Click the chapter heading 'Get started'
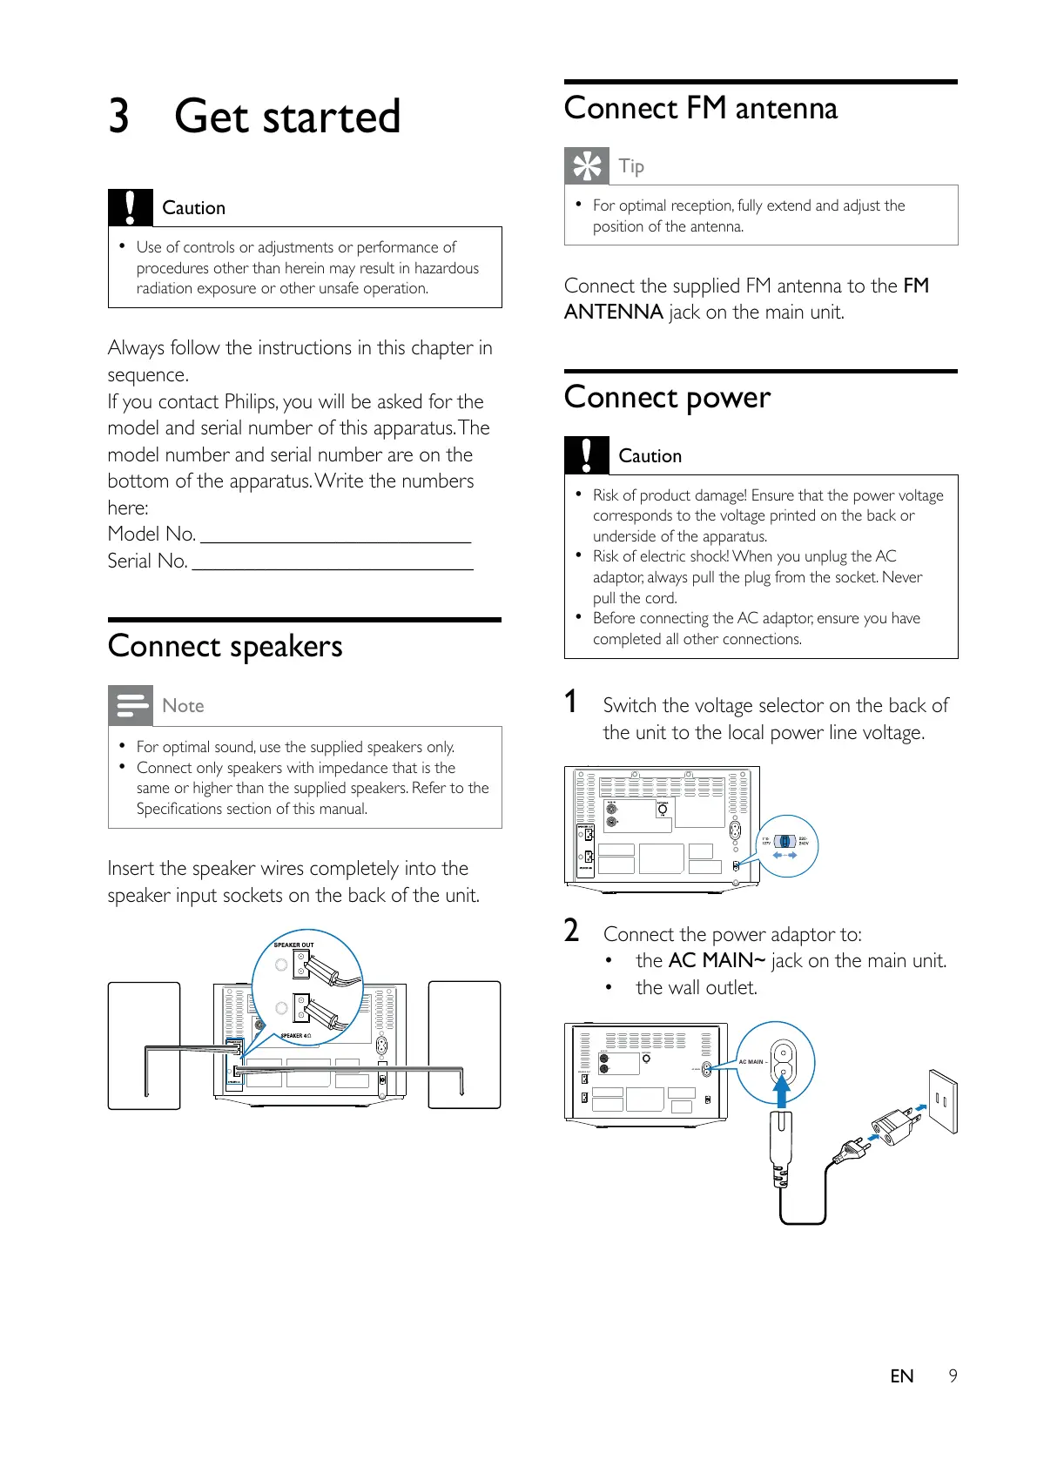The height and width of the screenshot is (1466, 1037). coord(287,117)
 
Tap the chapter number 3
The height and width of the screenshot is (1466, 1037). coord(119,117)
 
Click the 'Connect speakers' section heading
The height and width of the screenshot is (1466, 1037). coord(225,647)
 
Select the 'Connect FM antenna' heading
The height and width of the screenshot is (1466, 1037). coord(701,109)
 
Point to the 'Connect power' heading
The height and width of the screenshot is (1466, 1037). coord(667,398)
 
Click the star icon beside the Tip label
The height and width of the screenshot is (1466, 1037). coord(587,165)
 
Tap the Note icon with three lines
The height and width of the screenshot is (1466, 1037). coord(131,705)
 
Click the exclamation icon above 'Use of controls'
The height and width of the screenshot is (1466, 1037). coord(131,207)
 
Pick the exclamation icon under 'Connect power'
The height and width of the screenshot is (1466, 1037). coord(587,455)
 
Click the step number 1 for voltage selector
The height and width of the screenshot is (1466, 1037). coord(571,702)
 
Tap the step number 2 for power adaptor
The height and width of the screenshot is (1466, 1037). coord(571,931)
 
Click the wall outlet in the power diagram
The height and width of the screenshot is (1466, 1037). coord(942,1100)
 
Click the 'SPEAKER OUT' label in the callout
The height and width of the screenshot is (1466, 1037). coord(293,945)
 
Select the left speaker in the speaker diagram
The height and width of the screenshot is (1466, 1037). coord(144,1045)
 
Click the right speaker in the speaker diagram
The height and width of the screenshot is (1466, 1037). coord(464,1045)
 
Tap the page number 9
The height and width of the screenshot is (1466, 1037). coord(953,1375)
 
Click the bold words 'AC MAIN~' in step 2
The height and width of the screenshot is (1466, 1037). coord(717,960)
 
